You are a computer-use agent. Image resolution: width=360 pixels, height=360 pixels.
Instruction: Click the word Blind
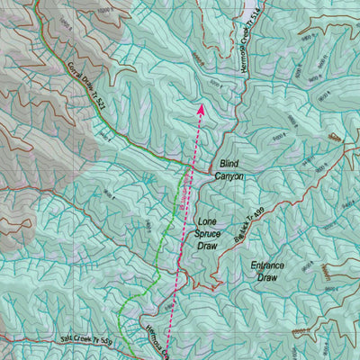click(x=228, y=166)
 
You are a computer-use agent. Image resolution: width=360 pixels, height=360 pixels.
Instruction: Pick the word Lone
click(x=208, y=220)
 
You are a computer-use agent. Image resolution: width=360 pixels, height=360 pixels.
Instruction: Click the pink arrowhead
click(x=200, y=109)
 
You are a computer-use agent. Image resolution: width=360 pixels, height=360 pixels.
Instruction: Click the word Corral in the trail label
click(x=75, y=73)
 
